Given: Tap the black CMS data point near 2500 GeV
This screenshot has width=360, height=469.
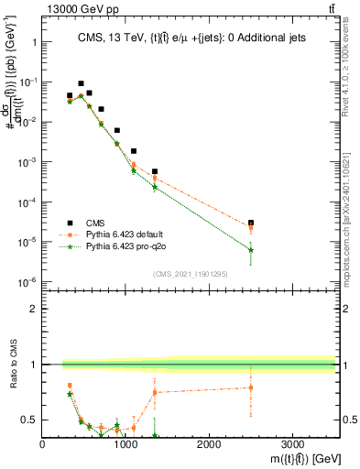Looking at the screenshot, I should tap(251, 223).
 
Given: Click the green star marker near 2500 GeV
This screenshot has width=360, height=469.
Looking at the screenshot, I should tap(251, 250).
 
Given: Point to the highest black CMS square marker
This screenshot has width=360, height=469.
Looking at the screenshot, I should tap(81, 83).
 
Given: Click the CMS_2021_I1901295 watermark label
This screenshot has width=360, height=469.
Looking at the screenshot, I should tap(190, 272).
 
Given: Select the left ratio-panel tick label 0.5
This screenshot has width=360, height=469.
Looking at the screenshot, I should tap(29, 420).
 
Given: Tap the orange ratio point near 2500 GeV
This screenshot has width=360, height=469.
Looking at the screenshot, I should tap(251, 387).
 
